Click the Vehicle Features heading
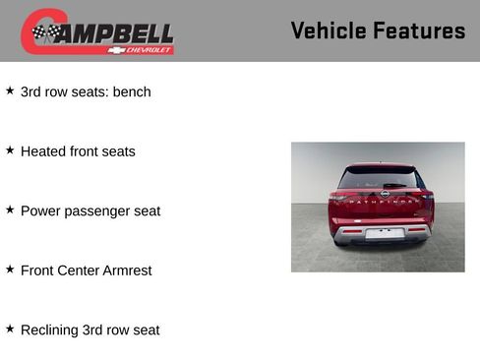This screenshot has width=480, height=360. click(x=378, y=30)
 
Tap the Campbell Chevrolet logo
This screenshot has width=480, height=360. click(x=97, y=31)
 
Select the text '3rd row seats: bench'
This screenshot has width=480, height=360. click(x=86, y=91)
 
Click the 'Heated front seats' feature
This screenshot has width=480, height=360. click(x=78, y=151)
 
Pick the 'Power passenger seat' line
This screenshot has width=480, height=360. click(x=90, y=210)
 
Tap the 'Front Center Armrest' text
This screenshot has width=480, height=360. click(x=86, y=270)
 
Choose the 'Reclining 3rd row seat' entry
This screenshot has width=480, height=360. click(x=90, y=330)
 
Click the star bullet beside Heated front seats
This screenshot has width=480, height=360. click(x=10, y=150)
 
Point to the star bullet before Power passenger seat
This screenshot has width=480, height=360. click(x=10, y=209)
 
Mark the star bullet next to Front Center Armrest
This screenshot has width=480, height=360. click(x=10, y=268)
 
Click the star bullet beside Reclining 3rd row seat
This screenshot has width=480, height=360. click(x=10, y=328)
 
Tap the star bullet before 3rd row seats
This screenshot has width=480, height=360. click(x=10, y=90)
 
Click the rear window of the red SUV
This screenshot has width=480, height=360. click(x=379, y=179)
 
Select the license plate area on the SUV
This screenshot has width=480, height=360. click(x=385, y=233)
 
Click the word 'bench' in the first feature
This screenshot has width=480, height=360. click(x=132, y=91)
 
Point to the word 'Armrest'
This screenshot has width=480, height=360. click(x=127, y=270)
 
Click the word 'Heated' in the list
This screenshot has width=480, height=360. click(x=43, y=151)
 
